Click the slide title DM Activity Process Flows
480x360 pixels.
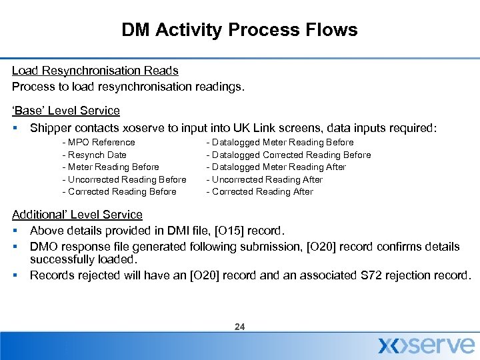pyautogui.click(x=239, y=30)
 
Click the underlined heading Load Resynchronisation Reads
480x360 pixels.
pyautogui.click(x=95, y=70)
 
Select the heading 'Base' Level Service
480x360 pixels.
pyautogui.click(x=66, y=111)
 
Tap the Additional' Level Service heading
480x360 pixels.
pyautogui.click(x=77, y=215)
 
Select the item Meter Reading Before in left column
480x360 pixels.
pyautogui.click(x=112, y=167)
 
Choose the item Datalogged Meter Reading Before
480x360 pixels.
pyautogui.click(x=281, y=142)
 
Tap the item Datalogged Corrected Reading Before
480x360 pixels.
pyautogui.click(x=290, y=155)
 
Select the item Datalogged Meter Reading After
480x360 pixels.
pyautogui.click(x=278, y=167)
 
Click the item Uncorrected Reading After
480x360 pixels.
pyautogui.click(x=266, y=179)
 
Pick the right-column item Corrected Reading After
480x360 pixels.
pyautogui.click(x=261, y=191)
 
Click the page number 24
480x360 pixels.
pyautogui.click(x=240, y=327)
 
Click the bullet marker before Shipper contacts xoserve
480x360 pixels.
pyautogui.click(x=15, y=128)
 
